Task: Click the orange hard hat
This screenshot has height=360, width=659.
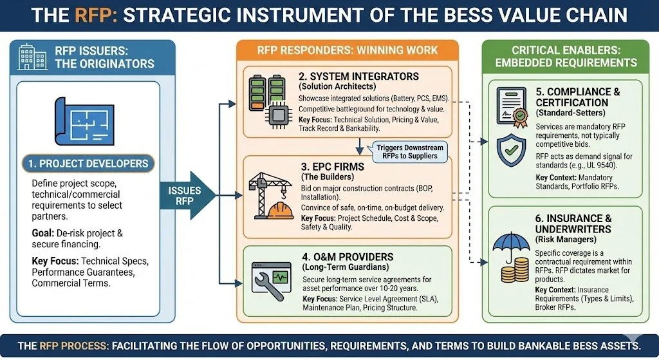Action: pyautogui.click(x=283, y=211)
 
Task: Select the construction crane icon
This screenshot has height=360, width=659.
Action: pyautogui.click(x=264, y=193)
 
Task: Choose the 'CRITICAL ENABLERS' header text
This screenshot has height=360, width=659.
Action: pyautogui.click(x=565, y=50)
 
